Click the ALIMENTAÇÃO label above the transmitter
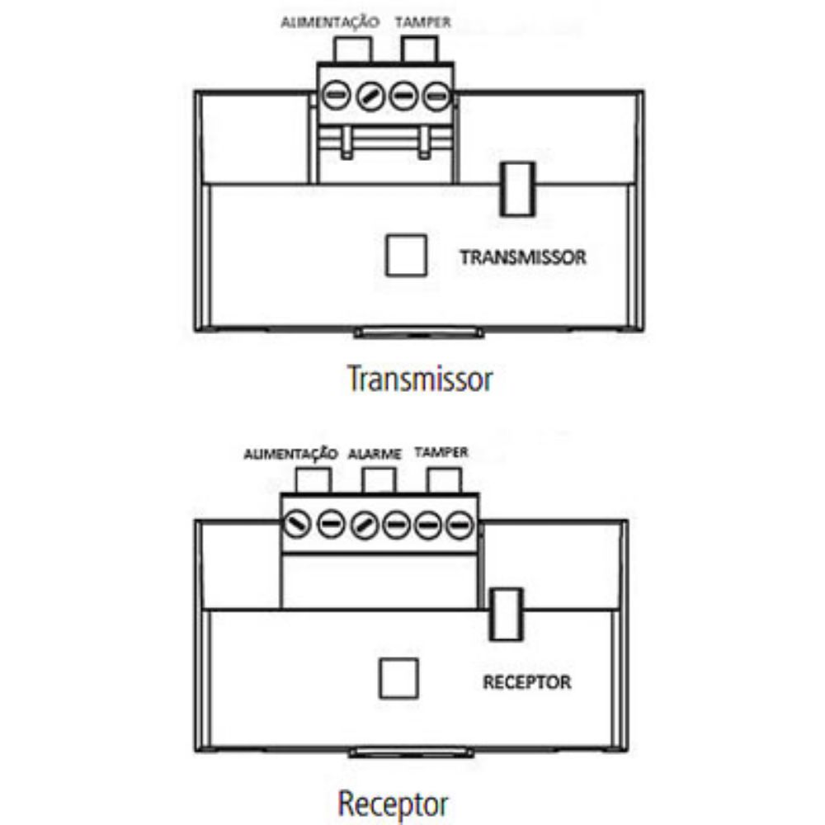[330, 22]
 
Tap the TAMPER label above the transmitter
[423, 22]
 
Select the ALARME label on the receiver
[375, 454]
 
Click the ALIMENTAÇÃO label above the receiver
[290, 454]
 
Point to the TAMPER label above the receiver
[441, 452]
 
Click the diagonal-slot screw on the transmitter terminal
[370, 97]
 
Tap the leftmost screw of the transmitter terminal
[336, 96]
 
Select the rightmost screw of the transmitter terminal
[436, 97]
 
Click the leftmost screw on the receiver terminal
[297, 525]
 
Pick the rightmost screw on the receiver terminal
[460, 525]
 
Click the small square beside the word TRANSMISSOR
[406, 255]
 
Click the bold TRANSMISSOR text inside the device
[523, 257]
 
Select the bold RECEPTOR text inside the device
[526, 682]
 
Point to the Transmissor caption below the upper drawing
[420, 379]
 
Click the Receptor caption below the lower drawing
[393, 804]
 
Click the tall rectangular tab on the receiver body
[507, 615]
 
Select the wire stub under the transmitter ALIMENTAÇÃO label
[352, 49]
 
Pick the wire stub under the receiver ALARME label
[379, 480]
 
